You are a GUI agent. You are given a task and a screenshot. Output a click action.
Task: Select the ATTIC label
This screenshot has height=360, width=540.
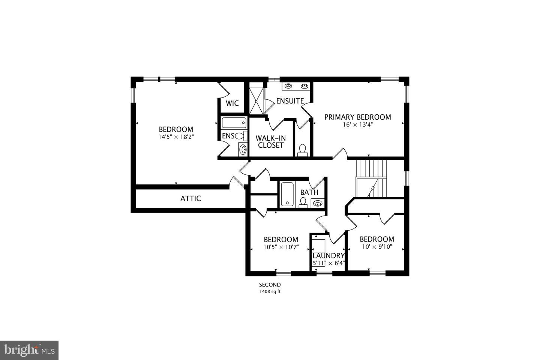point(190,198)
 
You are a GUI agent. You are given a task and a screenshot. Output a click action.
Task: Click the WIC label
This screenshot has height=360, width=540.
point(232,103)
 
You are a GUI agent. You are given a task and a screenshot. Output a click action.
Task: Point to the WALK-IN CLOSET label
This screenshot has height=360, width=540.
point(270,141)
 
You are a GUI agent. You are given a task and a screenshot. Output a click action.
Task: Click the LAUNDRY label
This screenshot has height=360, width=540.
point(328,256)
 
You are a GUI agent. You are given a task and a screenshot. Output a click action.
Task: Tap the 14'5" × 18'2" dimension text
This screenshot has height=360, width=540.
point(175,137)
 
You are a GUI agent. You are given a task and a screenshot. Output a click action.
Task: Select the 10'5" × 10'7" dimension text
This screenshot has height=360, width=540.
point(281,247)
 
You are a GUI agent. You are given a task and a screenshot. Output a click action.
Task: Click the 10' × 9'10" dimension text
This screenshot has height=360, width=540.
point(376,247)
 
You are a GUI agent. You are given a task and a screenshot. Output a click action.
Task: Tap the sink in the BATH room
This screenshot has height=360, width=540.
point(317,204)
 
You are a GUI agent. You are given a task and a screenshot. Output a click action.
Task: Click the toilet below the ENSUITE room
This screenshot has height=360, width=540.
point(302,150)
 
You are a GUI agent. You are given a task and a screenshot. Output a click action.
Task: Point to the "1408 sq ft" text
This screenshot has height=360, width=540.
point(270,291)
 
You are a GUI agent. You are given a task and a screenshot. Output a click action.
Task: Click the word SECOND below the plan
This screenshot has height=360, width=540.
point(270,285)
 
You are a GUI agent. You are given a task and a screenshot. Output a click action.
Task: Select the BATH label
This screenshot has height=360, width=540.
point(309,192)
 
